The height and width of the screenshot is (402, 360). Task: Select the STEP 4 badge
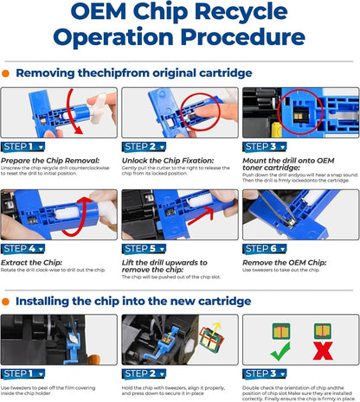click(x=21, y=249)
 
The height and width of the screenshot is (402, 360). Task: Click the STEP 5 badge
click(x=142, y=249)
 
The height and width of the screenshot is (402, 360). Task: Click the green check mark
click(x=280, y=353)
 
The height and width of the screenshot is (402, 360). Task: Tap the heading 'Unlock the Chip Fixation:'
click(x=164, y=160)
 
